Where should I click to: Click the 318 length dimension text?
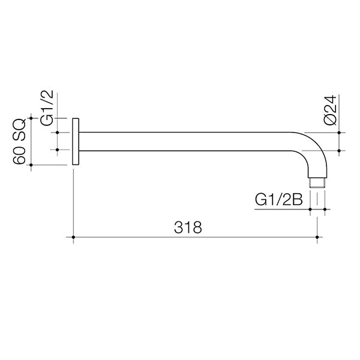tap(187, 227)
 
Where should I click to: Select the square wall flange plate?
tap(75, 141)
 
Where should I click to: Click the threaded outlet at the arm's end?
tap(316, 182)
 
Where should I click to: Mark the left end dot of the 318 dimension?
tap(73, 238)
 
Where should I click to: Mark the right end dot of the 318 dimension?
tap(317, 238)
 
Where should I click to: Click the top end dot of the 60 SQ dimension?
tap(32, 119)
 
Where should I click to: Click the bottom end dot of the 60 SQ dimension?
tap(32, 164)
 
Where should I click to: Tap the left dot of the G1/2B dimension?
tap(310, 209)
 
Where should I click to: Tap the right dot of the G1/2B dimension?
tap(324, 209)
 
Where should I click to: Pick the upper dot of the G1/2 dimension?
tap(58, 132)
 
